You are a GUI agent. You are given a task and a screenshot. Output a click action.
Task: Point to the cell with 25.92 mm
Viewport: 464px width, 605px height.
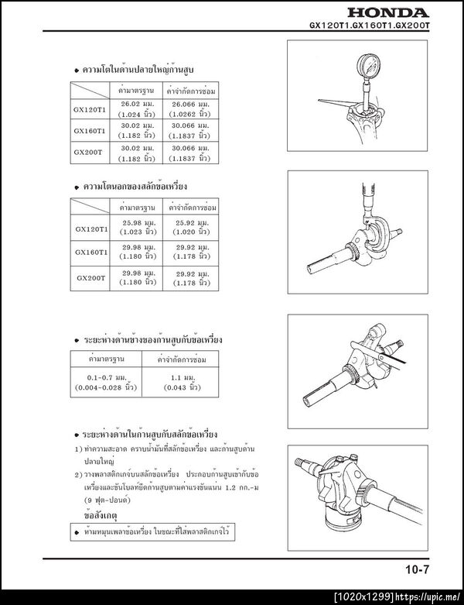[189, 229]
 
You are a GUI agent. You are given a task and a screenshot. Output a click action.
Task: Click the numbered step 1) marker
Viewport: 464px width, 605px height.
[78, 449]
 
